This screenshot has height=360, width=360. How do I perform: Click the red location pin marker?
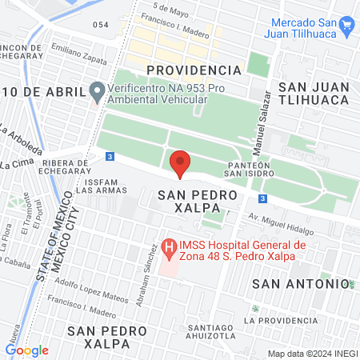tap(181, 162)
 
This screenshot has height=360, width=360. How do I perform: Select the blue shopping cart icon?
tap(346, 25)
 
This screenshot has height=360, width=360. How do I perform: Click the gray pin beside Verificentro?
tap(97, 92)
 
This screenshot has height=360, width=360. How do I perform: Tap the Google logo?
tap(26, 350)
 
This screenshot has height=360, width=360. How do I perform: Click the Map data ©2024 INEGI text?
tap(311, 354)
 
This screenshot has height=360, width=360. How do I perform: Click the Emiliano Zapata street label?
tap(80, 50)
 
